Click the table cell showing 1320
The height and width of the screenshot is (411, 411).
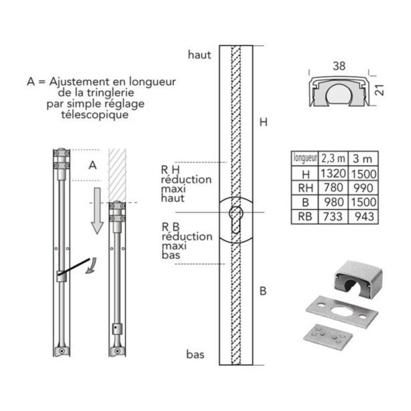coord(333,173)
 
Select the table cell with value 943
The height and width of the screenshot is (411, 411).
coord(363,216)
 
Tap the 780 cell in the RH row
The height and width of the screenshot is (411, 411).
coord(333,188)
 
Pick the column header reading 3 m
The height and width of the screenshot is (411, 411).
coord(363,158)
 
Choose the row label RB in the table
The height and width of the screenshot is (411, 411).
coord(305,216)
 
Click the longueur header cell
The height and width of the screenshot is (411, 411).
coord(305,158)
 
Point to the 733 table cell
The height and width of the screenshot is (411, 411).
coord(333,216)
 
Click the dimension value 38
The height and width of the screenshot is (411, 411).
coord(339,66)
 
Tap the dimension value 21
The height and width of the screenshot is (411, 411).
coord(379,90)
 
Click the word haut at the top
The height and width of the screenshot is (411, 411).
coord(199,55)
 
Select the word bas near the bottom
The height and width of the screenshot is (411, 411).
coord(195,354)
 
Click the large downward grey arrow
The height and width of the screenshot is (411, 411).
coord(97,210)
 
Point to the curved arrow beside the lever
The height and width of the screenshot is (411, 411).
coord(91,266)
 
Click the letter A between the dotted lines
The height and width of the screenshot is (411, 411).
coord(92,165)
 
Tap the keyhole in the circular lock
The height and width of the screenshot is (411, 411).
coord(235,220)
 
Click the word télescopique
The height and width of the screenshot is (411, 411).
coord(95,114)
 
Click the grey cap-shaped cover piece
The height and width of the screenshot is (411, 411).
coord(358,279)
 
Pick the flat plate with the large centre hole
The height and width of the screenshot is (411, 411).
coord(342,310)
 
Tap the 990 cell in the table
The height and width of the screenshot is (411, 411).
coord(363,188)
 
